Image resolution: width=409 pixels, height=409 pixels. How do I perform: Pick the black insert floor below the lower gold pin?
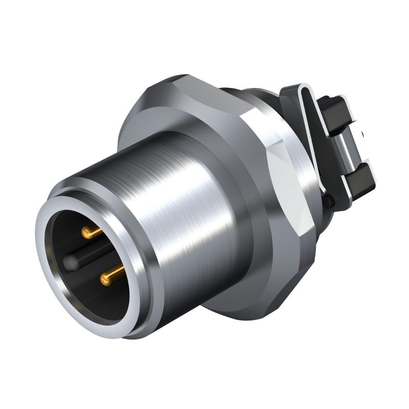(x=102, y=302)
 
